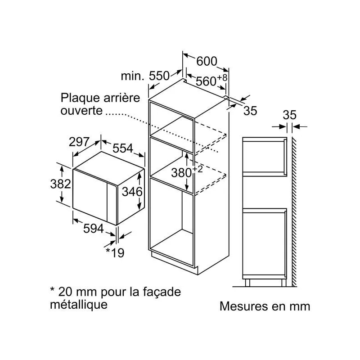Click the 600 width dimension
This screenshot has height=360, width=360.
coord(207,61)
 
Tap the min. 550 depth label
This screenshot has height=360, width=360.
coord(145,76)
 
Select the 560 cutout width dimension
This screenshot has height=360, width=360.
coord(206,81)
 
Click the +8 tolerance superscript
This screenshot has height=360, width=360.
coord(222,77)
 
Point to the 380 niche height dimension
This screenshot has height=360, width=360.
coord(181,173)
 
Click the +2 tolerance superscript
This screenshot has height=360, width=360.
coord(198,169)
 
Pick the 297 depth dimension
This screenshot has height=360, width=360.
coord(79,142)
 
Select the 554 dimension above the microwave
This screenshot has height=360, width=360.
coord(123,148)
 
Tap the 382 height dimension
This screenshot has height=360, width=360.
coord(61,184)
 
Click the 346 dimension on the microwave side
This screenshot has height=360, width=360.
coord(132,192)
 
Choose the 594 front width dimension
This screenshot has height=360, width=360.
coord(94,229)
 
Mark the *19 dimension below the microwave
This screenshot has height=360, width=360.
coord(115,253)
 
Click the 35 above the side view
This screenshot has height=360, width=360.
coord(289,115)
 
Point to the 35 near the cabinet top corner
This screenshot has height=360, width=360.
coord(250,111)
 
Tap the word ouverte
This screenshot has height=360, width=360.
coord(81,111)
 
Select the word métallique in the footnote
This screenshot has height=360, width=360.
coord(79,305)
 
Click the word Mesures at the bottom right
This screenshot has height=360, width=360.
coord(244,306)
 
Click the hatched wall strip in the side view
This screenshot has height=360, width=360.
coord(294,211)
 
